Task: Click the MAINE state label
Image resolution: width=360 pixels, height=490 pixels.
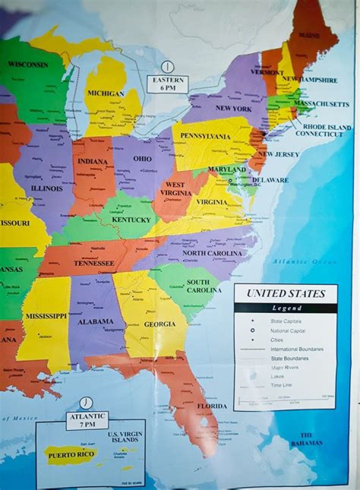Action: (309, 35)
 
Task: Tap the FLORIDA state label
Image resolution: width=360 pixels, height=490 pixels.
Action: (211, 406)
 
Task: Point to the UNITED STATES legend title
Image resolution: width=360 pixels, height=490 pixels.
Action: (285, 293)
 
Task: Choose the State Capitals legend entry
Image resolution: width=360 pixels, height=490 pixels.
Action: (286, 321)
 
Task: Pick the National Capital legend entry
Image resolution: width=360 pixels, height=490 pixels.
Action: (287, 331)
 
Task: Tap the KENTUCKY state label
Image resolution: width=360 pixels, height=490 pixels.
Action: (131, 220)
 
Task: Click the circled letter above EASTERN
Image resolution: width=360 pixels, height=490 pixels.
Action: (167, 67)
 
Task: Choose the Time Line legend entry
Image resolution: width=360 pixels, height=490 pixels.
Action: (281, 385)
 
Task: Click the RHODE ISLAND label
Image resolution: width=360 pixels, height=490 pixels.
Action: (326, 127)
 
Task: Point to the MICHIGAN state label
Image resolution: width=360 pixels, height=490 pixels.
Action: (105, 93)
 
